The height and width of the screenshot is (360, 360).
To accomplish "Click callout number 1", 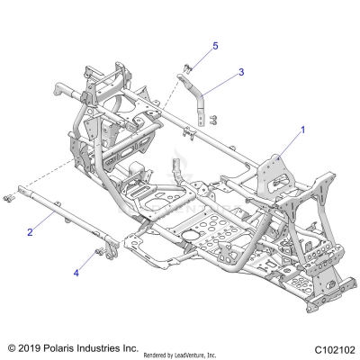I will pyautogui.click(x=303, y=130).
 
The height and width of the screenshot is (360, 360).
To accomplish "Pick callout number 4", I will pyautogui.click(x=76, y=271).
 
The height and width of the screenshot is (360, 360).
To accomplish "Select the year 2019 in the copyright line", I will pyautogui.click(x=31, y=346).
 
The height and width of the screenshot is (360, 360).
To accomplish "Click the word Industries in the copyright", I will pyautogui.click(x=108, y=346).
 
